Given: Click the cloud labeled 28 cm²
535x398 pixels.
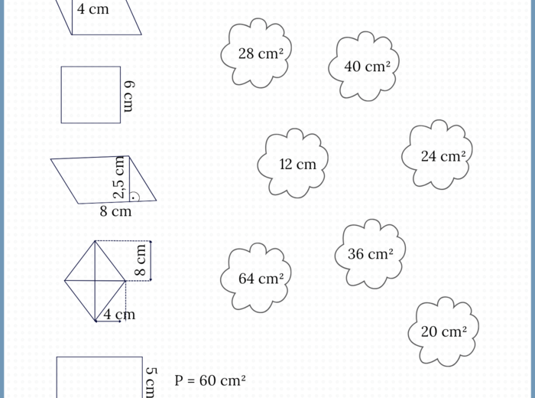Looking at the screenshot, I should click(256, 54).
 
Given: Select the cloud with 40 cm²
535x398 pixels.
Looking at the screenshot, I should click(367, 67).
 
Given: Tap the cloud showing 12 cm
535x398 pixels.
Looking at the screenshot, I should click(297, 164).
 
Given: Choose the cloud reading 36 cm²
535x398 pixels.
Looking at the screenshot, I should click(370, 254).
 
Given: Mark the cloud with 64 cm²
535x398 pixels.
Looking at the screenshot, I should click(260, 279).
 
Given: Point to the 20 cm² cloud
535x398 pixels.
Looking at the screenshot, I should click(444, 331).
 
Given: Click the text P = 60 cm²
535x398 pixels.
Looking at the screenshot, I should click(210, 380).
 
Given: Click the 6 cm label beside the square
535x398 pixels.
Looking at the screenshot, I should click(128, 95).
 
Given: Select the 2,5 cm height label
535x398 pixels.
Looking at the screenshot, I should click(120, 177).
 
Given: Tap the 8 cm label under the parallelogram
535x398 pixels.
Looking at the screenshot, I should click(115, 211).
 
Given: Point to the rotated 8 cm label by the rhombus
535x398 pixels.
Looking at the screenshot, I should click(141, 260).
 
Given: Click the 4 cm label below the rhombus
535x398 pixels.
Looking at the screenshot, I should click(119, 314).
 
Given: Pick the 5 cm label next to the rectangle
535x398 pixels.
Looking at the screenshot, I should click(151, 380).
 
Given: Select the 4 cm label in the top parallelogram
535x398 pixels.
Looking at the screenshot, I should click(93, 10).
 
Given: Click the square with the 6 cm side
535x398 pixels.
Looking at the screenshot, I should click(91, 95).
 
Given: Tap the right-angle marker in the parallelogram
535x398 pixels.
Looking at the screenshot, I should click(135, 196).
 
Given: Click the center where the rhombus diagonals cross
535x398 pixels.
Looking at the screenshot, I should click(96, 280).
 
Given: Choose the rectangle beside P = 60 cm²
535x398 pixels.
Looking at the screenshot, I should click(99, 377).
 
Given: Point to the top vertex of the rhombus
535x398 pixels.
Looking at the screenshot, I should click(96, 240).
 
